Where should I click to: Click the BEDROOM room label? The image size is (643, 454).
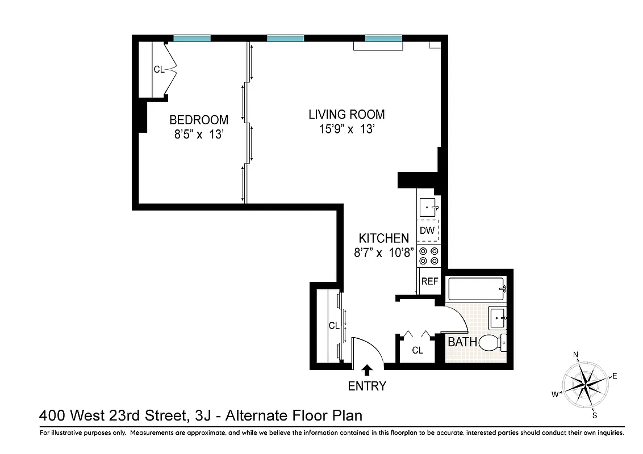pos(199,120)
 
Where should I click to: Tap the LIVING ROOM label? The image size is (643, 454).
pos(346,114)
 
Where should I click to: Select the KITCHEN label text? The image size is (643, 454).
pos(383,238)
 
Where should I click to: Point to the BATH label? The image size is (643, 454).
pos(462,342)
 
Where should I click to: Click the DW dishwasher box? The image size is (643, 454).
pos(427,231)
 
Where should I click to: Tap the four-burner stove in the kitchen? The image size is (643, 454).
pos(428,256)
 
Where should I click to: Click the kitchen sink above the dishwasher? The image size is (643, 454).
pos(428,208)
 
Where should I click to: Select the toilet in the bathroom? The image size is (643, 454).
pos(492,342)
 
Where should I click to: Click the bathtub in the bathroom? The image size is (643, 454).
pos(476,289)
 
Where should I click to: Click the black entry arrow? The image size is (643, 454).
pos(367,370)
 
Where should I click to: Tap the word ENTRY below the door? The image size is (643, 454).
pos(367,386)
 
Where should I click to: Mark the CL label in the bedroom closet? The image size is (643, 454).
pos(158,70)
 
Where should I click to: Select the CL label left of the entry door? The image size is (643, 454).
pos(334,326)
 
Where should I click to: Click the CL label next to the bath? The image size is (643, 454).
pos(417,351)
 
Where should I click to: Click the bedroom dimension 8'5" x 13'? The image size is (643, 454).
pos(199,135)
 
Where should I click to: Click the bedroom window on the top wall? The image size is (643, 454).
pos(191,39)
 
